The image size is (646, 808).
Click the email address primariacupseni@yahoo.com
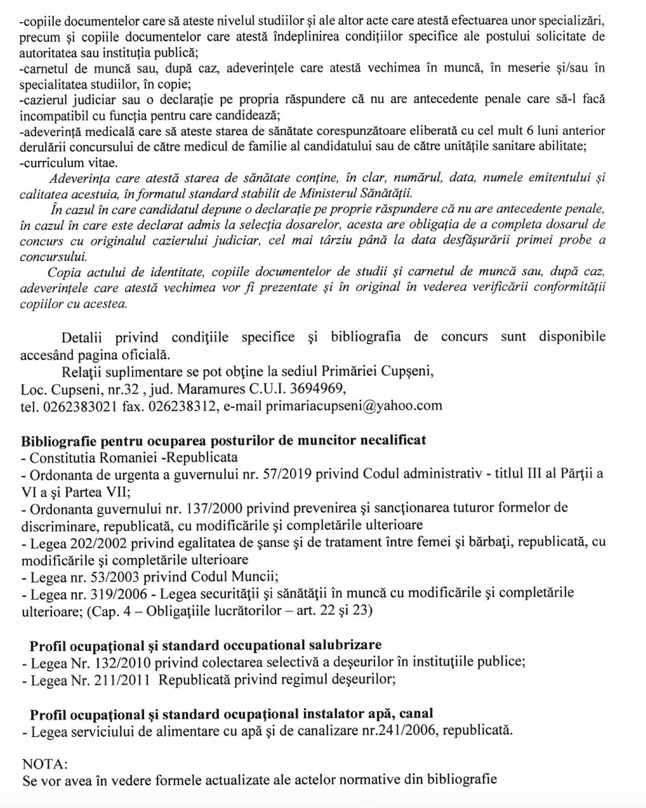point(353,406)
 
